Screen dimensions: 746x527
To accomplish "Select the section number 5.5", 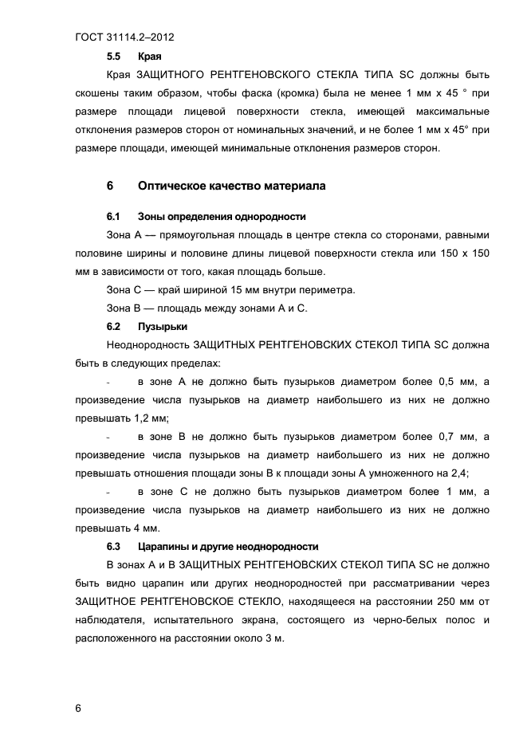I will click(x=113, y=57).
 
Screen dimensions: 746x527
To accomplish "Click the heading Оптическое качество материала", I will click(x=232, y=186).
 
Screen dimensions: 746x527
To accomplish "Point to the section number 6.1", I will click(x=113, y=217).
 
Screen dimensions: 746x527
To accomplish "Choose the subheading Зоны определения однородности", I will click(x=222, y=217).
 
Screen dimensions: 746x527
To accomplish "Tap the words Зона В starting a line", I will click(x=124, y=308).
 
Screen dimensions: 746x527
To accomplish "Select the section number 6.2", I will click(x=113, y=326).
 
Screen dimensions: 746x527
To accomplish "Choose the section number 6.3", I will click(x=113, y=546).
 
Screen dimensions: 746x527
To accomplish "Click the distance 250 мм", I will click(x=453, y=602).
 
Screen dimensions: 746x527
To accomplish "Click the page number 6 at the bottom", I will click(x=78, y=708).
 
